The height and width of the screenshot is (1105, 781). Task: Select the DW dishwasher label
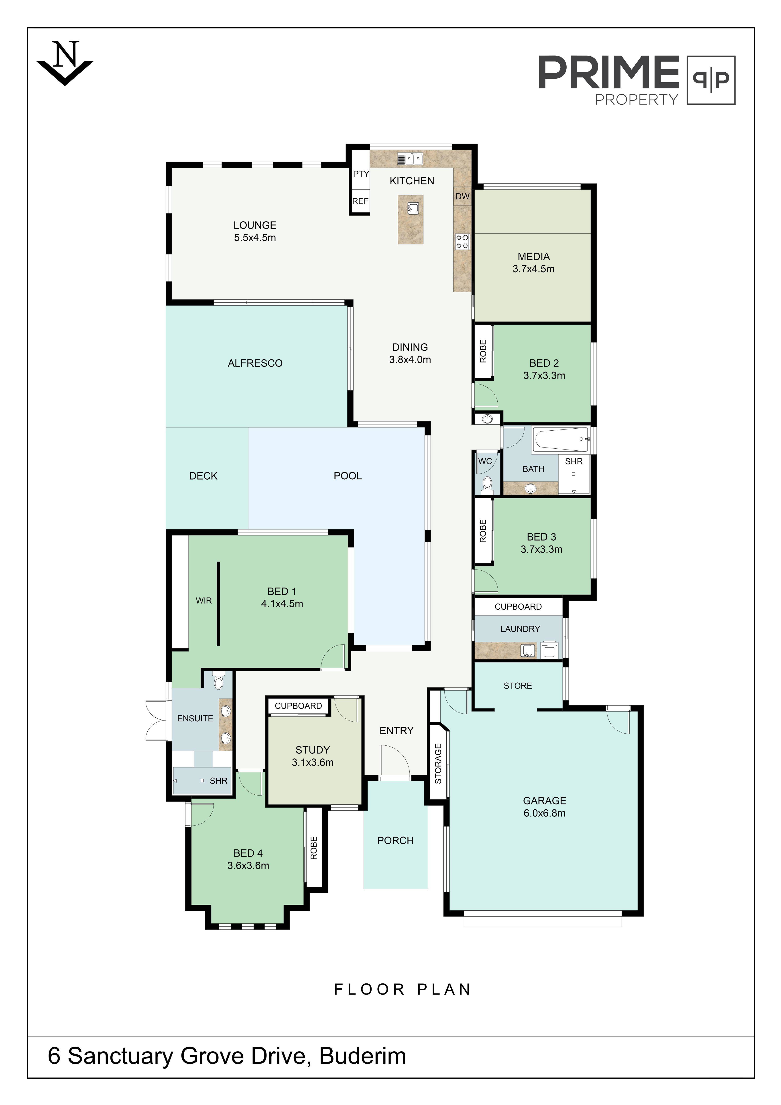point(462,196)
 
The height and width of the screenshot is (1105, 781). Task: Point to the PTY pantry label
point(361,174)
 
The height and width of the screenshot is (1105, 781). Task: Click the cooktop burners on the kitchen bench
point(462,242)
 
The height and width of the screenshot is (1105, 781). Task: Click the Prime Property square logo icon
point(711,80)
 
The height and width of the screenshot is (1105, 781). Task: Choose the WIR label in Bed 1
point(203,601)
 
